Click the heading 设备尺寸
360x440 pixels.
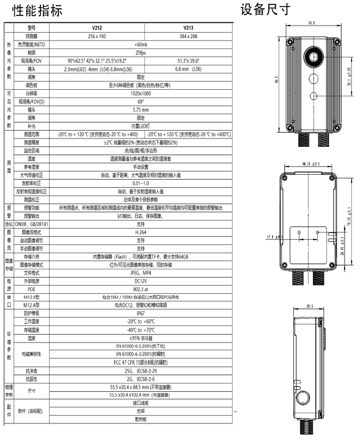click(x=265, y=10)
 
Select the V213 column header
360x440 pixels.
click(x=188, y=27)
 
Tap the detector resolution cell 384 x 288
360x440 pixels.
click(x=188, y=36)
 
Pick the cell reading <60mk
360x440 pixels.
click(x=140, y=44)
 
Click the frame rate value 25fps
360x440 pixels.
click(x=140, y=52)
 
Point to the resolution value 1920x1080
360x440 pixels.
click(x=140, y=93)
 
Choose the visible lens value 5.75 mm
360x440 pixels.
click(x=140, y=110)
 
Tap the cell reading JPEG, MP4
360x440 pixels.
click(x=140, y=272)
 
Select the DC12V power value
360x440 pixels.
click(x=140, y=281)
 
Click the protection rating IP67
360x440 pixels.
click(x=140, y=312)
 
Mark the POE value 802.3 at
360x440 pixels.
click(x=140, y=288)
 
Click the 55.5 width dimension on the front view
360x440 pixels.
click(x=311, y=23)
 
